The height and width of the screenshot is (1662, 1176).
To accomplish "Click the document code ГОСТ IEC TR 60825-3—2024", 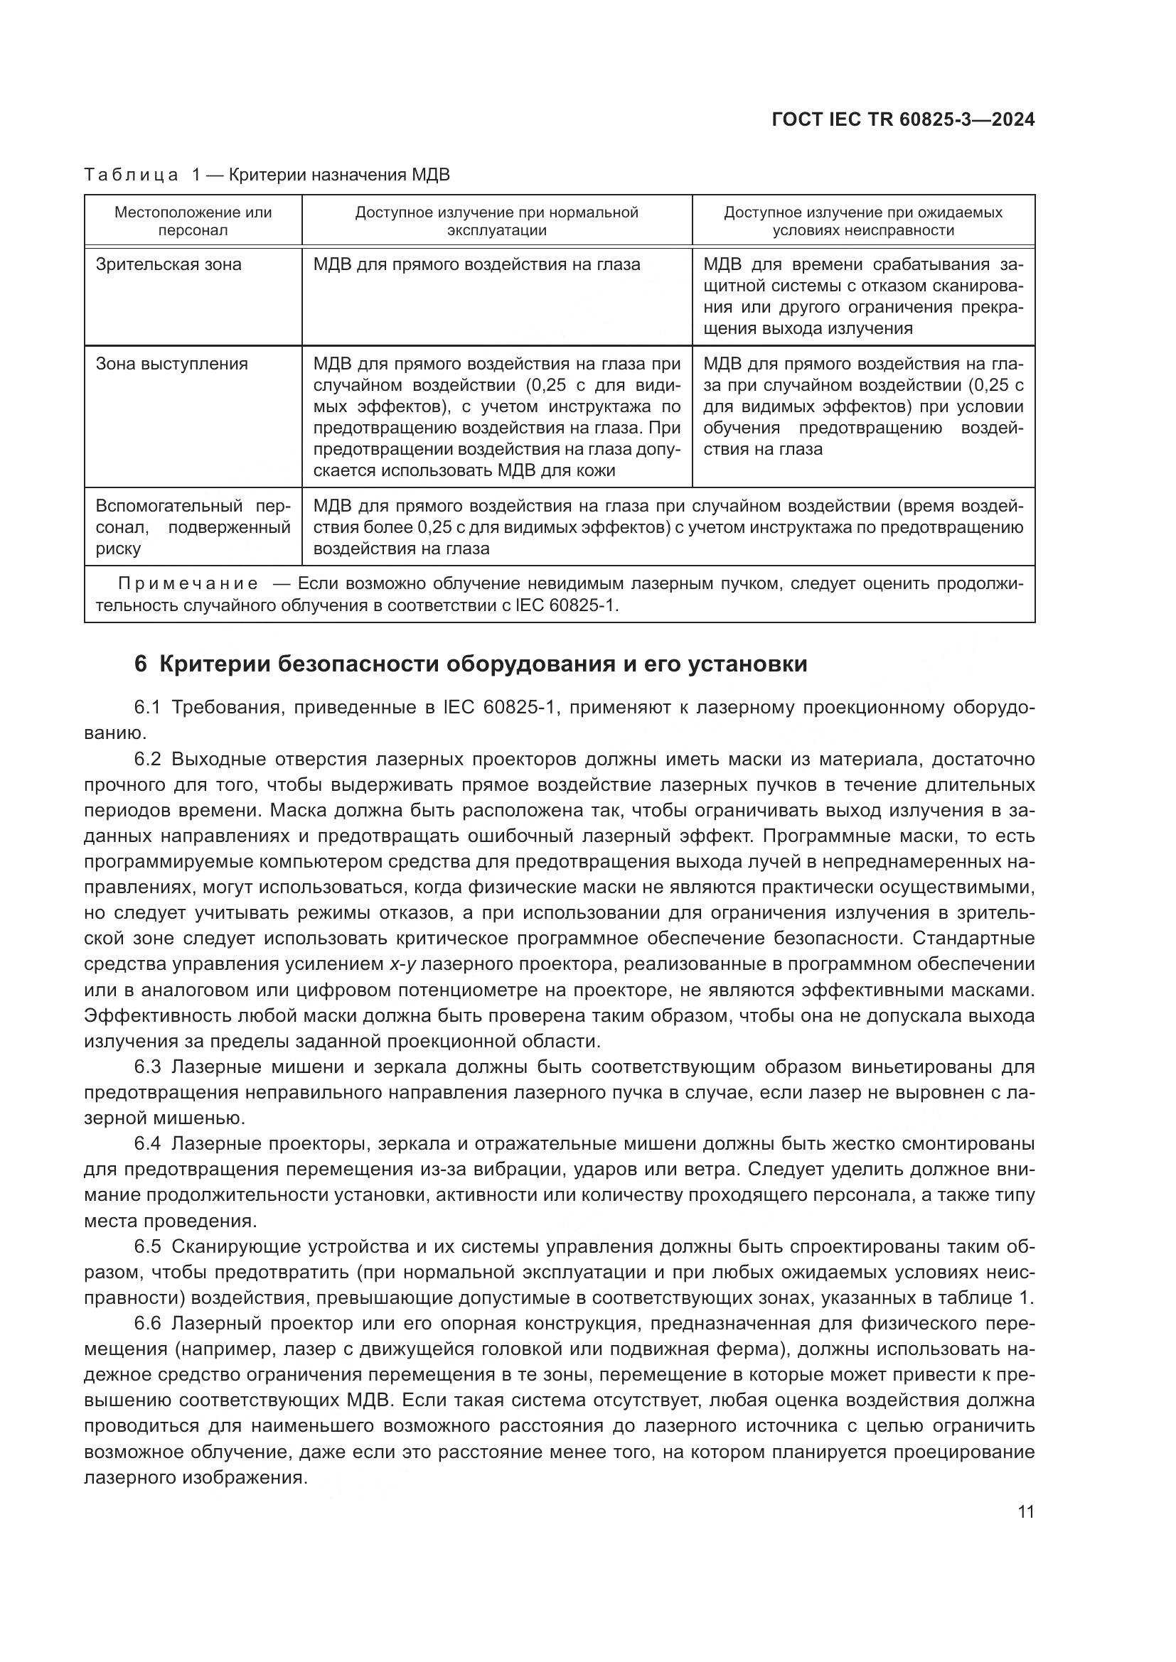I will [903, 119].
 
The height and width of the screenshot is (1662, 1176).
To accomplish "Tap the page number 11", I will [1025, 1512].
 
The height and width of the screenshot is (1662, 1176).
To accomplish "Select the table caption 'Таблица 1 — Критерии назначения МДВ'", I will [267, 176].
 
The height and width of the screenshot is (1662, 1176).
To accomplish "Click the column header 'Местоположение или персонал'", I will [193, 222].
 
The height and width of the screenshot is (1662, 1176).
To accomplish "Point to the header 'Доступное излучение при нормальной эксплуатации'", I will [496, 222].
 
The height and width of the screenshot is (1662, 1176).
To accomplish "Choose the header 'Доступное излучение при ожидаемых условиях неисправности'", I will [863, 222].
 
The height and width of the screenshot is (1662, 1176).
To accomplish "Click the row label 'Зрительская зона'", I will [169, 265].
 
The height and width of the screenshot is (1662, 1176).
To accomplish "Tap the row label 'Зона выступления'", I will [171, 364].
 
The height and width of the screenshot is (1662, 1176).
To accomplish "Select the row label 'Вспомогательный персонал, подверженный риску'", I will [193, 527].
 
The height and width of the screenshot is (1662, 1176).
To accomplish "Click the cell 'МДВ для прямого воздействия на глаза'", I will [476, 265].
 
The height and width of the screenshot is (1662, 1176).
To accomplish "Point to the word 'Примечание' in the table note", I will [188, 584].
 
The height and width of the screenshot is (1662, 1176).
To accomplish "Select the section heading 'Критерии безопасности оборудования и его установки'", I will [482, 664].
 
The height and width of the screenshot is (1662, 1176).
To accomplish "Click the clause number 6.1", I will [147, 707].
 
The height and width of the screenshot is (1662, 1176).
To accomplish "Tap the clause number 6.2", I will [147, 760].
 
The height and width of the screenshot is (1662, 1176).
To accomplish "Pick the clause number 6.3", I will [147, 1068].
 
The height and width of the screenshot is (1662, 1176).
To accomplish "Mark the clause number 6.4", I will [147, 1145].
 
